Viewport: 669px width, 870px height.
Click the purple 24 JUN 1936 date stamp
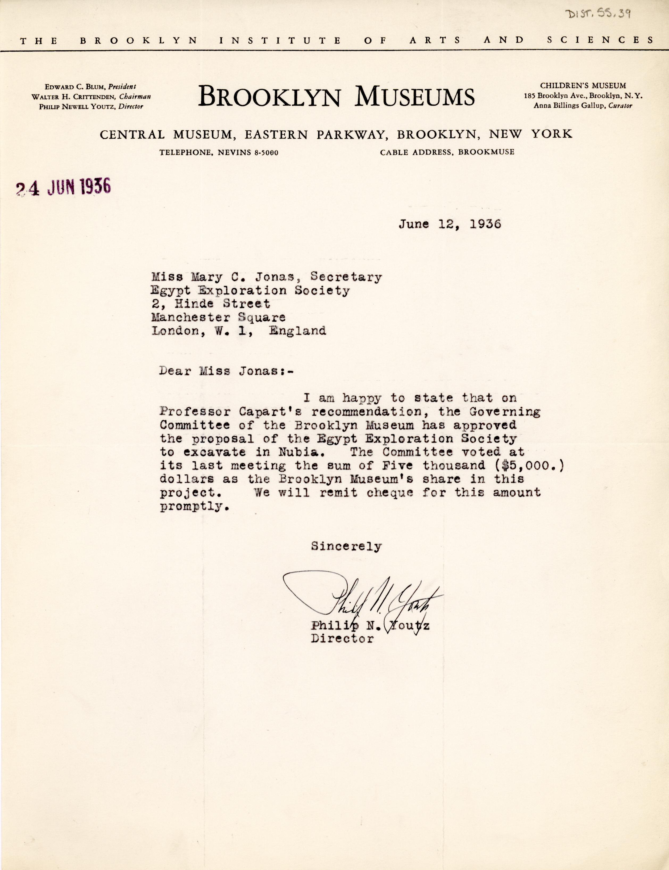point(63,187)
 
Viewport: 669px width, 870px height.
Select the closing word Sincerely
point(346,546)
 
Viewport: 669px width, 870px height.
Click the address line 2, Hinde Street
point(211,304)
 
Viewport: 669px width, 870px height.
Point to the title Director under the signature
point(342,639)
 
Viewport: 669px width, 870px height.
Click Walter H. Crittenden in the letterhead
point(74,96)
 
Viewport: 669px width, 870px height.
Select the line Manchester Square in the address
point(218,317)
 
